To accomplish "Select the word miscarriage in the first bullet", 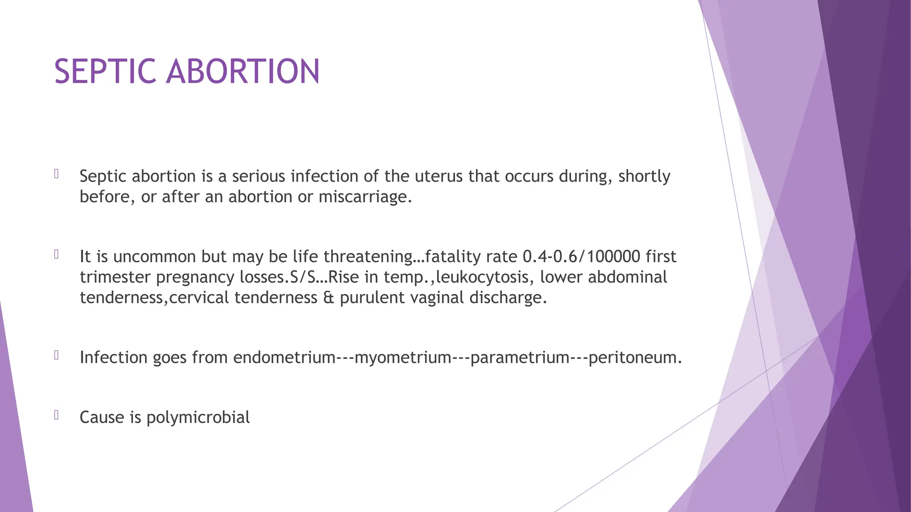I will coord(365,197).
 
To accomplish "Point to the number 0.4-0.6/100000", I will coord(581,256).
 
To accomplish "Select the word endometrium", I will coord(284,357).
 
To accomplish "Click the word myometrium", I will coord(403,357).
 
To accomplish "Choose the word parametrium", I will coord(520,357).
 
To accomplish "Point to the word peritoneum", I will coord(634,357).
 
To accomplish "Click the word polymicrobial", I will coord(198,417).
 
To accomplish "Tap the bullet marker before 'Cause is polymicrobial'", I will coord(56,415).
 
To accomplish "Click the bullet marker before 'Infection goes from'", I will coord(56,355).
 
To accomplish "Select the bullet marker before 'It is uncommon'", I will coord(56,254).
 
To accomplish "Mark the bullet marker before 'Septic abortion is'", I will coord(56,174).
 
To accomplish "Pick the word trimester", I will coord(115,277).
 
